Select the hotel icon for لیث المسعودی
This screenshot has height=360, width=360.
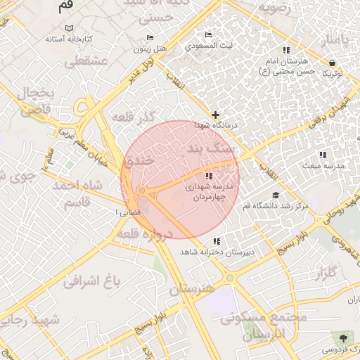click(x=208, y=34)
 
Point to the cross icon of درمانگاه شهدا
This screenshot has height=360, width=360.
click(x=215, y=114)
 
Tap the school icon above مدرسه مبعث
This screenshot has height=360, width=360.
click(x=323, y=155)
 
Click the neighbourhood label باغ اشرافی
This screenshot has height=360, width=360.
click(x=92, y=281)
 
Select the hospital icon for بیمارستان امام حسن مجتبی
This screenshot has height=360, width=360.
click(x=285, y=51)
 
